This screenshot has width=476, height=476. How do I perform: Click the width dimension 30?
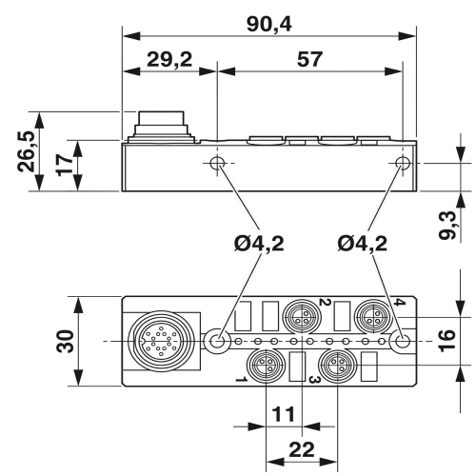click(63, 341)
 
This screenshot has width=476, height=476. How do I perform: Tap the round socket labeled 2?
click(301, 315)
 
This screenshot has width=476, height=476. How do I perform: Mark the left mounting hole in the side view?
click(218, 164)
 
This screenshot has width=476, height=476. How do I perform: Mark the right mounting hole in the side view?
click(403, 164)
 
